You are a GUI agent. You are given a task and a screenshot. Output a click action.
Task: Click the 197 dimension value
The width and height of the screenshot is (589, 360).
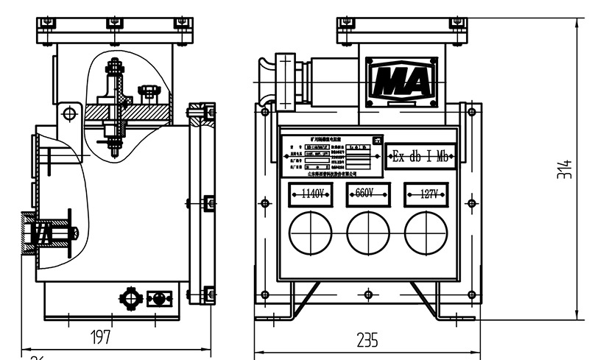click(x=100, y=338)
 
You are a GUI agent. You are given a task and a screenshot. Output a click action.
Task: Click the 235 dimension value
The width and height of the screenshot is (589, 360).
click(x=367, y=340)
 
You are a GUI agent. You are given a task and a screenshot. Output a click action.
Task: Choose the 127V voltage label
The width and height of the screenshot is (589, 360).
click(x=426, y=194)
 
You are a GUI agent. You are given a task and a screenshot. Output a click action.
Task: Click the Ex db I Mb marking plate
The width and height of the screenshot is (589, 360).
click(x=421, y=156)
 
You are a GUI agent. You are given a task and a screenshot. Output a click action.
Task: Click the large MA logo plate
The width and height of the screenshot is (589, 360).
click(x=401, y=80)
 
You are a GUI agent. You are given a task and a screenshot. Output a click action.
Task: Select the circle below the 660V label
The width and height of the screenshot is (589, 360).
click(x=368, y=233)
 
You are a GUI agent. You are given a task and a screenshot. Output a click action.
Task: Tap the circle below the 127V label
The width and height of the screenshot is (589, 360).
click(x=426, y=233)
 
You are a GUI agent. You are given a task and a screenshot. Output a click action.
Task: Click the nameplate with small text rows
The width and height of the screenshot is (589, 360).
click(x=332, y=156)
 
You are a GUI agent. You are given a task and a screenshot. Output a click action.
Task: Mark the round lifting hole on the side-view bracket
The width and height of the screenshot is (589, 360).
click(x=69, y=114)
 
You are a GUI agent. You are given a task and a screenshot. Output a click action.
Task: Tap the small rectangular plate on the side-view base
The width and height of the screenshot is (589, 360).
click(x=158, y=299)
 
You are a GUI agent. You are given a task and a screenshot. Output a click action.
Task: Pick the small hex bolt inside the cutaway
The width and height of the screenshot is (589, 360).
click(x=149, y=91)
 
